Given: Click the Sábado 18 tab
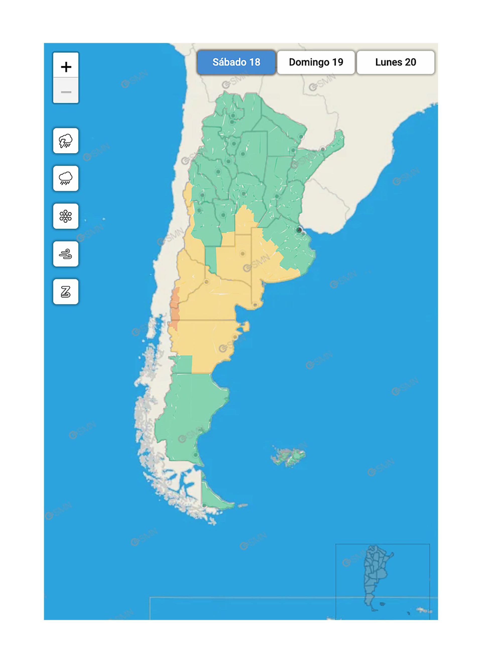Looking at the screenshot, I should (236, 62).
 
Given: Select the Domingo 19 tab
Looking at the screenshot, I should (316, 62).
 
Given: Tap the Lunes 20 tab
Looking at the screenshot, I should (396, 62).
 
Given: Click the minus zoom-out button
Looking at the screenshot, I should (66, 92).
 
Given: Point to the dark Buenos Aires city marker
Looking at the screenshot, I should (299, 230).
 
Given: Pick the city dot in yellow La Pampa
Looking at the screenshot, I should (243, 254).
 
